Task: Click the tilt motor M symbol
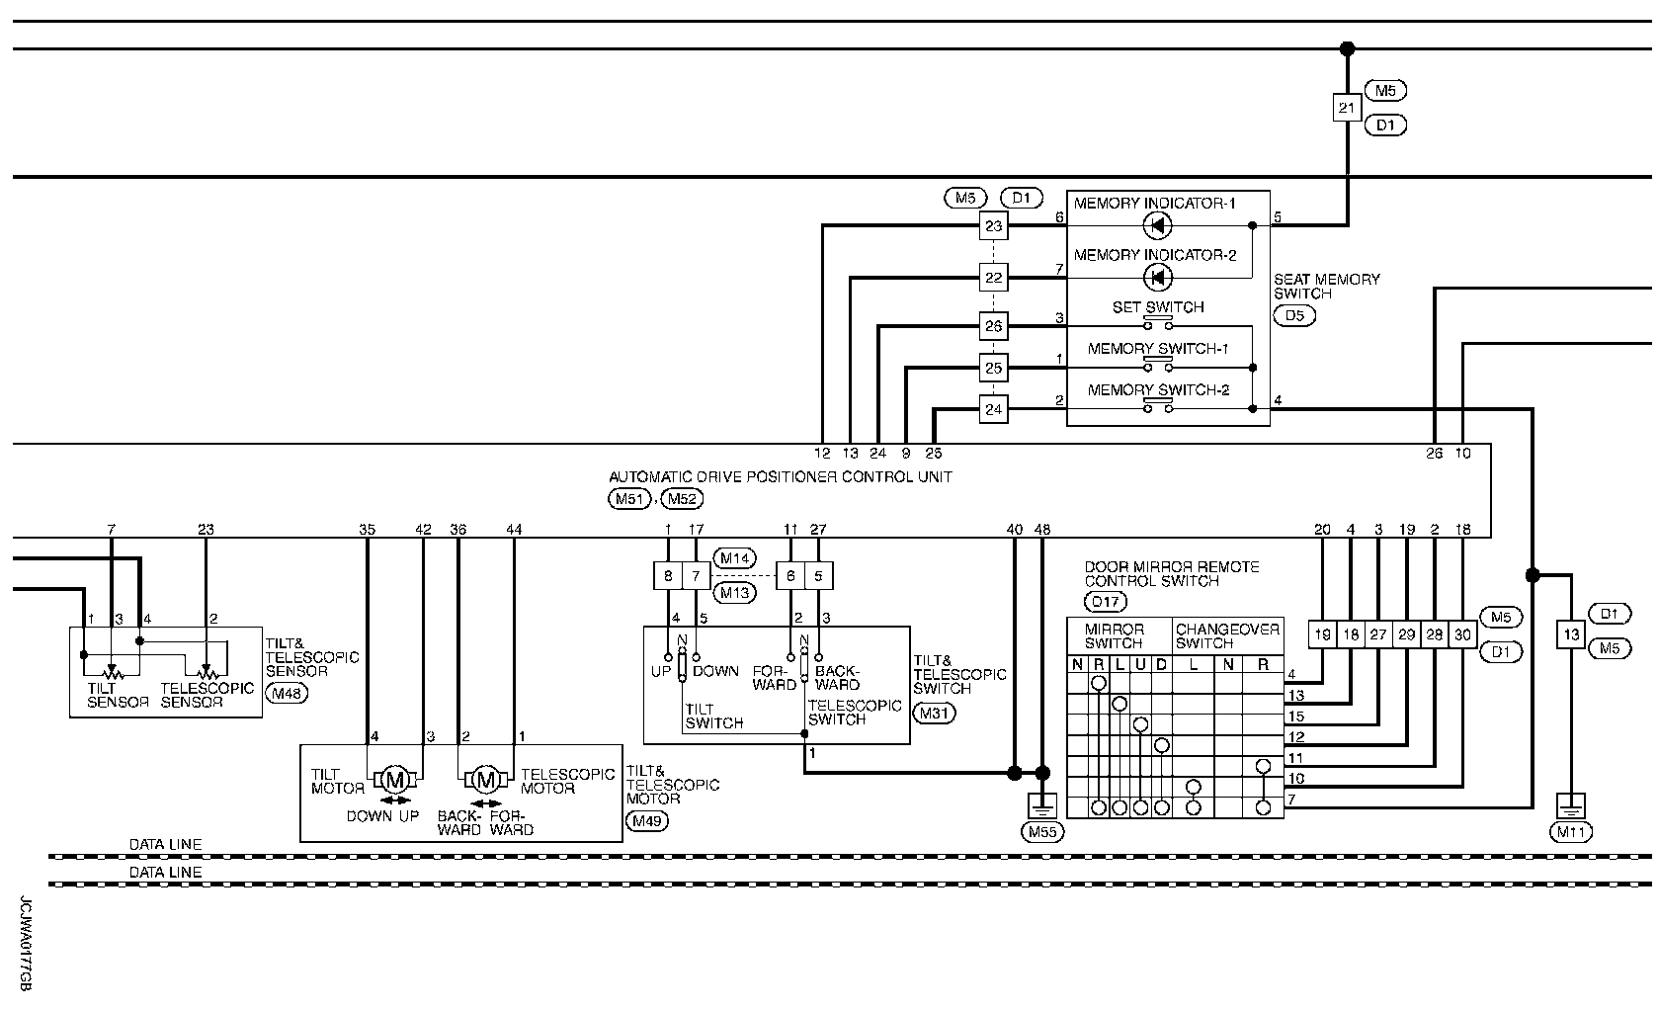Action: (395, 780)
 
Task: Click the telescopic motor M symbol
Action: (485, 780)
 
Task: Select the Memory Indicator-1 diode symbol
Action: (1157, 225)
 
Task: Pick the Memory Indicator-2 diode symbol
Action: (1157, 278)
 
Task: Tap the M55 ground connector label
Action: (1042, 832)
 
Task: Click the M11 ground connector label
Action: (1571, 832)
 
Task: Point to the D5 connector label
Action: (1294, 316)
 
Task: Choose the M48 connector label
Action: (287, 694)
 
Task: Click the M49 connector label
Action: (647, 821)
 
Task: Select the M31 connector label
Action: (934, 714)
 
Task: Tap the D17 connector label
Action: (1106, 601)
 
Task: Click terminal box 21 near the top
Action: (1347, 108)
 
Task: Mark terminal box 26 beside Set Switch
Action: (993, 326)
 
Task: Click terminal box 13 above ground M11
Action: (1571, 634)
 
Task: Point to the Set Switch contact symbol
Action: (1158, 323)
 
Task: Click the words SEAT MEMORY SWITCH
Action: (1326, 287)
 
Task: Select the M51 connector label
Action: (629, 499)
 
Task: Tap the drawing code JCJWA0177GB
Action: (25, 944)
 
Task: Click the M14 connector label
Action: (734, 558)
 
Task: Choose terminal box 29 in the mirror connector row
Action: (1406, 634)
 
